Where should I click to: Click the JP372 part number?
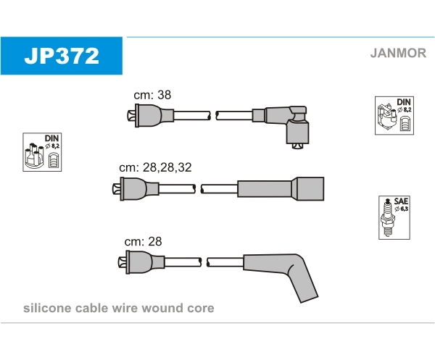click(x=62, y=56)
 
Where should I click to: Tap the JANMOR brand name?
click(x=398, y=53)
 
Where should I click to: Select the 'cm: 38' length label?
click(x=152, y=95)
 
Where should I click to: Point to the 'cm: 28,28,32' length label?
click(x=155, y=167)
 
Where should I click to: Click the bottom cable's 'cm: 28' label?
click(x=143, y=241)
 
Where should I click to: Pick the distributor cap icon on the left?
click(x=42, y=152)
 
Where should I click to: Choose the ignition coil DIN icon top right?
click(x=394, y=116)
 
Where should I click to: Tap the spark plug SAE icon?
click(x=394, y=217)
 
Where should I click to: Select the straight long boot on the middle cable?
click(x=281, y=189)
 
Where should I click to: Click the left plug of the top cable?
click(x=151, y=116)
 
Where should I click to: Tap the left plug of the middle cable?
click(x=136, y=189)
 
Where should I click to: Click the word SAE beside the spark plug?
click(x=401, y=201)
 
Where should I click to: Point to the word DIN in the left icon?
click(x=52, y=138)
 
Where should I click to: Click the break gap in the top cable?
click(x=213, y=116)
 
